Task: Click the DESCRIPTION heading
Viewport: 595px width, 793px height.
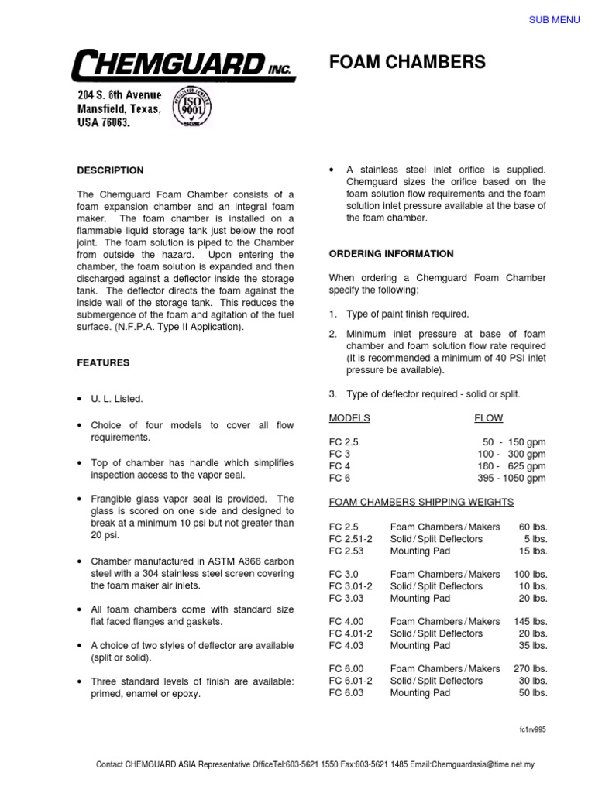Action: (x=110, y=170)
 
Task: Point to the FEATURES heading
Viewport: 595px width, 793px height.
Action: (x=103, y=362)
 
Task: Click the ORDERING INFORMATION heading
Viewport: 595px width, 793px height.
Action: (x=391, y=254)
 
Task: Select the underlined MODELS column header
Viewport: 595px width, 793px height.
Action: (x=350, y=418)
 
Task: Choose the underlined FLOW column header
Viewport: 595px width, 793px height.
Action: (x=488, y=418)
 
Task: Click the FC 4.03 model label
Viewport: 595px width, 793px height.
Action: (x=346, y=644)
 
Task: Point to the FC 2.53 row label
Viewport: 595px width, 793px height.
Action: (x=346, y=551)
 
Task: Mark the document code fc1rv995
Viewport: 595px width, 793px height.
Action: (x=533, y=730)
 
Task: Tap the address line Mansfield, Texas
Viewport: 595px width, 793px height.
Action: (x=119, y=109)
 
